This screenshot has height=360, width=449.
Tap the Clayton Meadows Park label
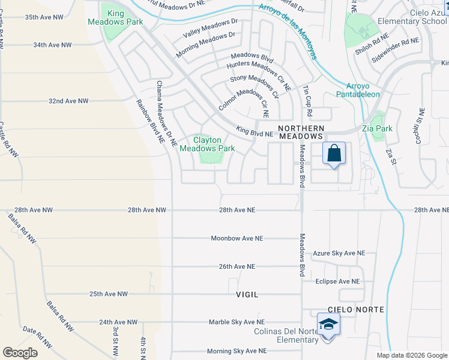pos(207,144)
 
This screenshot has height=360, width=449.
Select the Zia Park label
pos(377,128)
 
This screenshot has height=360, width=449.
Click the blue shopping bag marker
pos(334,154)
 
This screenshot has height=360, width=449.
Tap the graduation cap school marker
pos(328,325)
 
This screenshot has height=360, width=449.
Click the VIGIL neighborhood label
pos(247,295)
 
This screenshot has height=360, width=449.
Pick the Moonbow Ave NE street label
pos(237,238)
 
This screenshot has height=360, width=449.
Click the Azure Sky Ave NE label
pos(339,254)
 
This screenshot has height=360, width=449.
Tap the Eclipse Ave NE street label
pos(337,281)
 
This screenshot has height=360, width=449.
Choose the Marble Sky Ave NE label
pos(237,322)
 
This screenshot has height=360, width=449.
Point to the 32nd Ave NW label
pos(68,101)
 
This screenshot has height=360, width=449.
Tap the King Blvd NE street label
pos(255,130)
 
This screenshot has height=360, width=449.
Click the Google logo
pos(20,352)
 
